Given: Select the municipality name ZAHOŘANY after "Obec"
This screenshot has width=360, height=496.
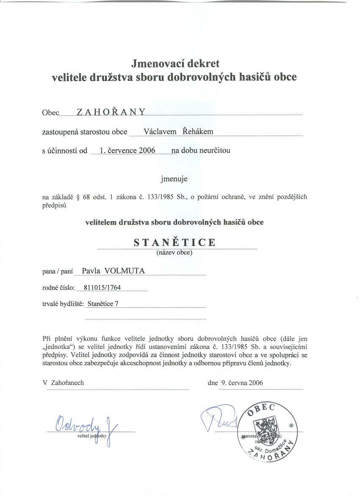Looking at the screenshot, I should pos(111,111).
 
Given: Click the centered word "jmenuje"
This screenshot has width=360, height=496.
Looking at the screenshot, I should pos(174,178).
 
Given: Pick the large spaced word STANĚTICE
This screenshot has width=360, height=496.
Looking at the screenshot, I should pos(174,242).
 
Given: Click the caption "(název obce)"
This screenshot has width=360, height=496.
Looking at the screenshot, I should pos(174,253).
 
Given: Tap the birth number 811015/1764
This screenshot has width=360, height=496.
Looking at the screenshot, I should pos(102,287).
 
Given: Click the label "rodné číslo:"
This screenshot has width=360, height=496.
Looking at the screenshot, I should pos(58,287).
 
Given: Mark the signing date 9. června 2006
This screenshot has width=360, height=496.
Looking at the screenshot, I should pos(242,382).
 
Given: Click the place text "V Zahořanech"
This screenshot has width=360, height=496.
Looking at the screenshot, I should pos(64,382).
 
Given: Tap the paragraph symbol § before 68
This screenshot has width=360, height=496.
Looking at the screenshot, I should pos(79,197).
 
